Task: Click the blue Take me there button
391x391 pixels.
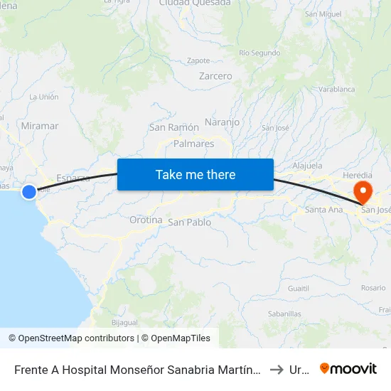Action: coord(195,174)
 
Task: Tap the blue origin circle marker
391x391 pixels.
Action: coord(29,191)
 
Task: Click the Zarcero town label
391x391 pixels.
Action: coord(215,76)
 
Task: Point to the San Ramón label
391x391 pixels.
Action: coord(173,127)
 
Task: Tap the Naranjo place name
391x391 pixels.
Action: coord(222,122)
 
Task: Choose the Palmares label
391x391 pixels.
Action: coord(194,144)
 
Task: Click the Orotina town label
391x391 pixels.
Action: coord(146,220)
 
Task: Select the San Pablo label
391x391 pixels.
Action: coord(190,223)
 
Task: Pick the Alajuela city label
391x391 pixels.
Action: coord(308,165)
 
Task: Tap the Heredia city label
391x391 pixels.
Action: coord(357,175)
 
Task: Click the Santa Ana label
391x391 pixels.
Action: coord(323,210)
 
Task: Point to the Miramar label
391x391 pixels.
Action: coord(40,126)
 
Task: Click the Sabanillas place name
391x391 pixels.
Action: coord(284,314)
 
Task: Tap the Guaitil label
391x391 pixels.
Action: coord(299,289)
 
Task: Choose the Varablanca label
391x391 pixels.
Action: coord(336,90)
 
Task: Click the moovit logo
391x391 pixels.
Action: coord(348,369)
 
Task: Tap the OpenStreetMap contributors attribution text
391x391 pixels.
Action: coord(71,338)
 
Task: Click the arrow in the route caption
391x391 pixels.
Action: coord(277,370)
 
